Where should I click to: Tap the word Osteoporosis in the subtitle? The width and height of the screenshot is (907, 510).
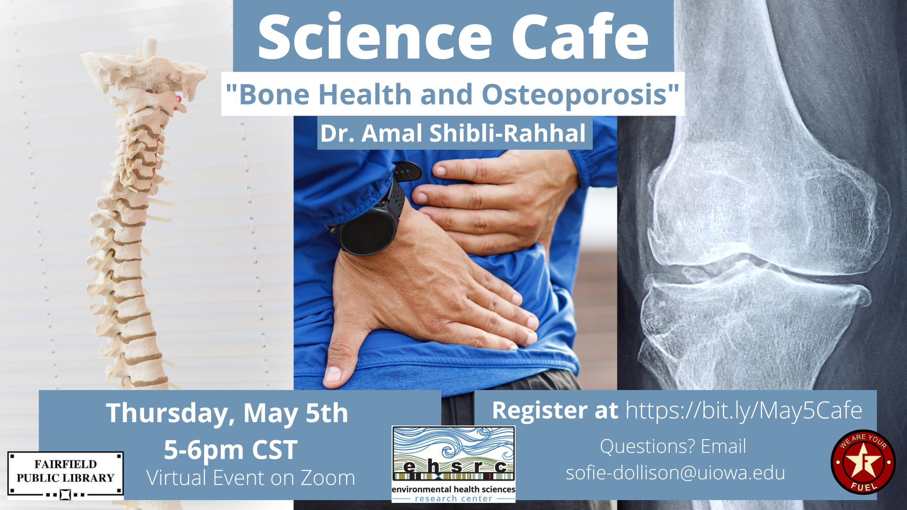pyautogui.click(x=574, y=94)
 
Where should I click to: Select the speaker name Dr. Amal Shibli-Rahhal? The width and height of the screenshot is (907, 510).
pyautogui.click(x=453, y=133)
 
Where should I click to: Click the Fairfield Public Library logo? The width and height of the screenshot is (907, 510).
pyautogui.click(x=66, y=475)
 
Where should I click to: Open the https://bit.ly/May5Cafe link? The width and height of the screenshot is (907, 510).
pyautogui.click(x=744, y=410)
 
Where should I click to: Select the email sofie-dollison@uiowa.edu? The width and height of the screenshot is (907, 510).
pyautogui.click(x=676, y=473)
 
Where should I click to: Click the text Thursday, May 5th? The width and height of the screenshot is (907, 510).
pyautogui.click(x=227, y=413)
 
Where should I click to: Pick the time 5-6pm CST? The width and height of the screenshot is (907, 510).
pyautogui.click(x=231, y=450)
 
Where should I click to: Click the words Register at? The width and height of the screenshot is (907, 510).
pyautogui.click(x=555, y=410)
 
